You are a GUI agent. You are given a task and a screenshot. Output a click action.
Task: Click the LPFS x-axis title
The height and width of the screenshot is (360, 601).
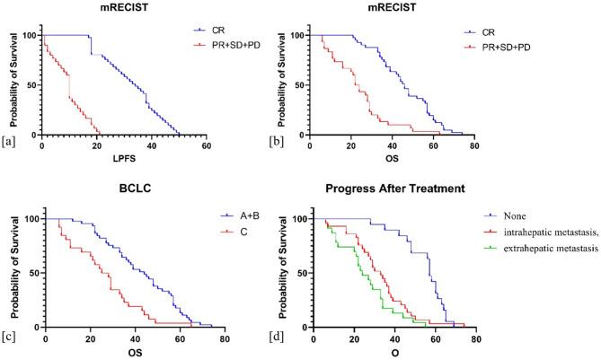click(x=123, y=161)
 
